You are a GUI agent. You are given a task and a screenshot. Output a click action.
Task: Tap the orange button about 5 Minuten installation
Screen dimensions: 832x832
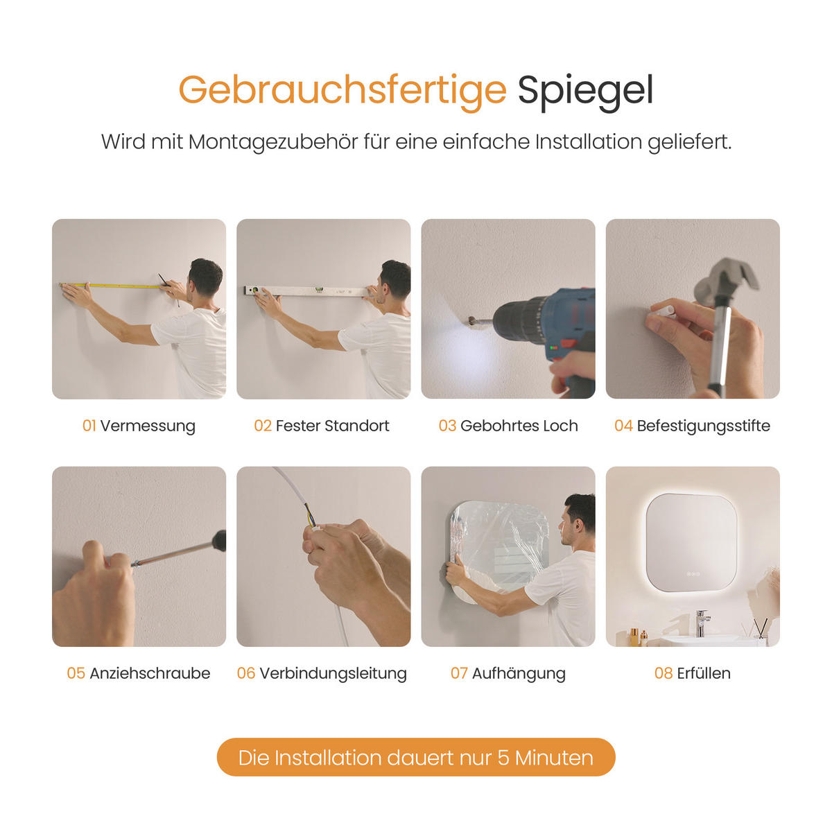click(416, 757)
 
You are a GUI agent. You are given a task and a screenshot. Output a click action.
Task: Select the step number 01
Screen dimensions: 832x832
click(89, 426)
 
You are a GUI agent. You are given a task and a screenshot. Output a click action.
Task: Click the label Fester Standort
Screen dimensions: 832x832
click(333, 426)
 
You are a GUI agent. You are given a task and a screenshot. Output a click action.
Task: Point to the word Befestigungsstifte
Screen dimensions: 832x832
click(703, 426)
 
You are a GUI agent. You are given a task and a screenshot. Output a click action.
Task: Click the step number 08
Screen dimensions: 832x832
click(664, 673)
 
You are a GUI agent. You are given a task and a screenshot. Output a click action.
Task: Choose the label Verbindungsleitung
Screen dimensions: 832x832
click(333, 673)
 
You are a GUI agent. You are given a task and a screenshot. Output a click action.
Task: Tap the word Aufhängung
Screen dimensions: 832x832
click(519, 673)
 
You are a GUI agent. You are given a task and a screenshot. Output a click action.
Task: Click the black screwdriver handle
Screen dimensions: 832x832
click(219, 541)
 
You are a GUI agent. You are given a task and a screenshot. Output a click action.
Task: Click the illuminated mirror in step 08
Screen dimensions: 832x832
click(691, 542)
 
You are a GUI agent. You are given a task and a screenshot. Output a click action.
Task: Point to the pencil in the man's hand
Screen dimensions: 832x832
click(168, 290)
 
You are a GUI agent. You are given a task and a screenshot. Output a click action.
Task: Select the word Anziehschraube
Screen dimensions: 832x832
click(150, 673)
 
